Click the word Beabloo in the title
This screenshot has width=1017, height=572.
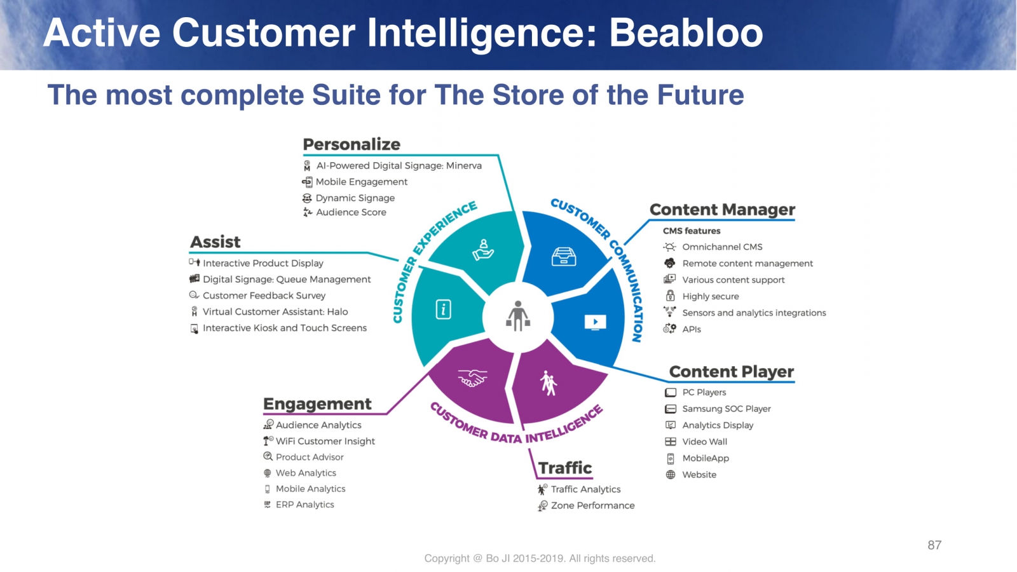coord(686,33)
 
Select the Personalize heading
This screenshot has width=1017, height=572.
coord(352,145)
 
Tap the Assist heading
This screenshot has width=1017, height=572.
coord(215,242)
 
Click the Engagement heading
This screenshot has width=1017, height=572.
coord(317,404)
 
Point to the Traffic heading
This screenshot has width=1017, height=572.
coord(565,468)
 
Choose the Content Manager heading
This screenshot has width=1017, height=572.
coord(722,210)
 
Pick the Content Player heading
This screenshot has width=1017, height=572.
coord(732,372)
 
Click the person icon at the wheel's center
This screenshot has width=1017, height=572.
coord(518,316)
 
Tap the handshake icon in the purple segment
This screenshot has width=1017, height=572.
coord(472,379)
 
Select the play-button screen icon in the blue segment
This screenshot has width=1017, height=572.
coord(595,322)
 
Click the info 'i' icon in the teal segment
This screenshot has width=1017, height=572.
coord(443,310)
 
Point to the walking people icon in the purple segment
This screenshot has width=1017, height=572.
coord(548,383)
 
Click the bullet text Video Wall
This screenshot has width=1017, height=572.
coord(704,442)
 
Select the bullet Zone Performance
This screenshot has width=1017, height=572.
coord(592,506)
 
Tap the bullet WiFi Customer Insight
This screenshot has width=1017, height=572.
coord(325,441)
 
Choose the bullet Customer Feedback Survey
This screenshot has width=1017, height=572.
coord(264,296)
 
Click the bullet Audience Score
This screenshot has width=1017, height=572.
coord(351,212)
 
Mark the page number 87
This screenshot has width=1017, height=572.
coord(934,545)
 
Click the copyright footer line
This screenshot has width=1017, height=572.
coord(540,559)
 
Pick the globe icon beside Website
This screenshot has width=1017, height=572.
coord(671,475)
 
